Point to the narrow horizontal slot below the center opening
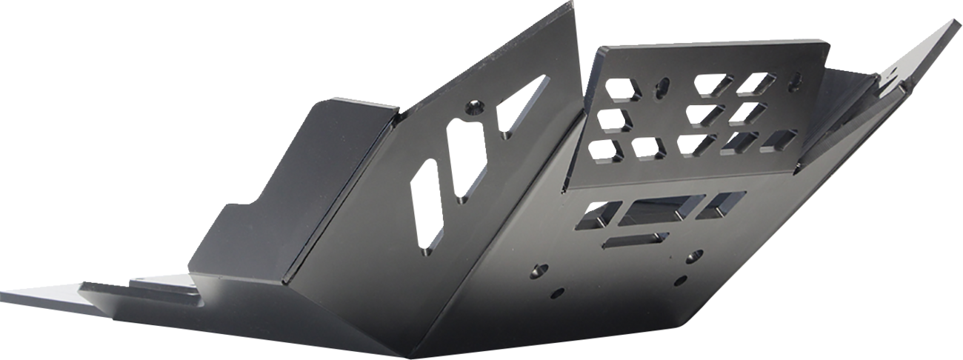tap(635, 239)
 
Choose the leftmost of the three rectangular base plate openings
tap(601, 213)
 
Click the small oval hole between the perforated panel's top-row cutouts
tap(662, 86)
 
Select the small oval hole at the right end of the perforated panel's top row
tap(794, 79)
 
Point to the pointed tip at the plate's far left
tap(6, 290)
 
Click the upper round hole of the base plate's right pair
tap(695, 256)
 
